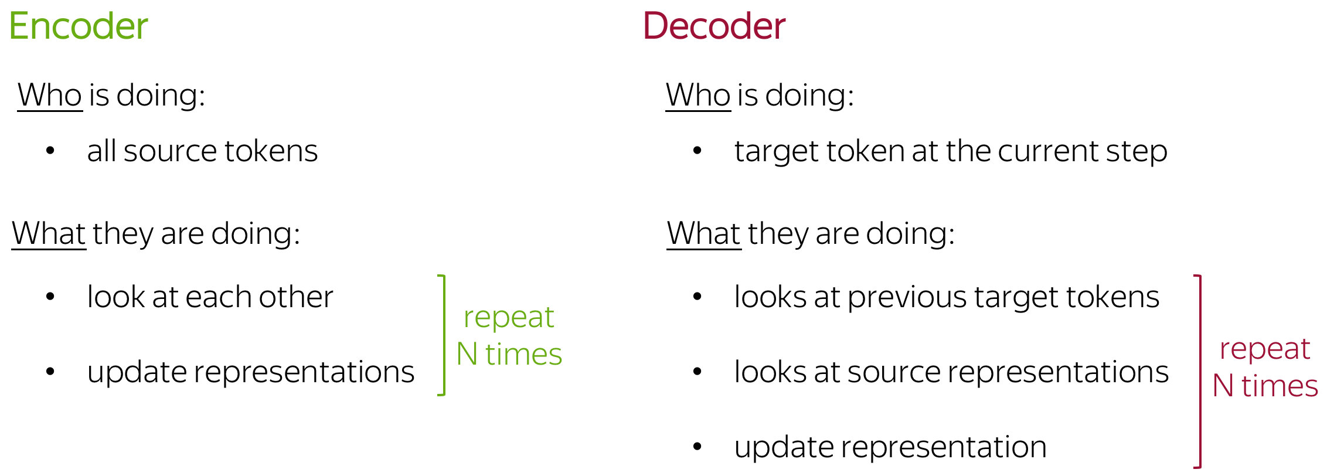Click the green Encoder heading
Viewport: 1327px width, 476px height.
[79, 26]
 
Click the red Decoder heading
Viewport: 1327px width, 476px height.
[714, 26]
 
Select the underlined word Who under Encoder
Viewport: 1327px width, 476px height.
[50, 95]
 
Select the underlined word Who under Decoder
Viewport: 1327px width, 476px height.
[698, 95]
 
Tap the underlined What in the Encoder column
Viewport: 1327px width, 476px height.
[49, 233]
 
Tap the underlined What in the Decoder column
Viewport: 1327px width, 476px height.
[704, 233]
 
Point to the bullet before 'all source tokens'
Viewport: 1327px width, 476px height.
[50, 151]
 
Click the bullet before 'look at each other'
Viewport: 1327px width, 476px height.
[50, 297]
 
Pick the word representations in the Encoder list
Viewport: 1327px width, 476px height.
[304, 373]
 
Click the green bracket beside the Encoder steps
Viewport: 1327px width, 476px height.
[443, 335]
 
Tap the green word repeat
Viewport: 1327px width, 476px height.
[509, 318]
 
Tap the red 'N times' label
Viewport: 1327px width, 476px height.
[1265, 386]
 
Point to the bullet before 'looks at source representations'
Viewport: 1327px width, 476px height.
[697, 372]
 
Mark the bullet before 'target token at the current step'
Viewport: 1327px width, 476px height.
[697, 151]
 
